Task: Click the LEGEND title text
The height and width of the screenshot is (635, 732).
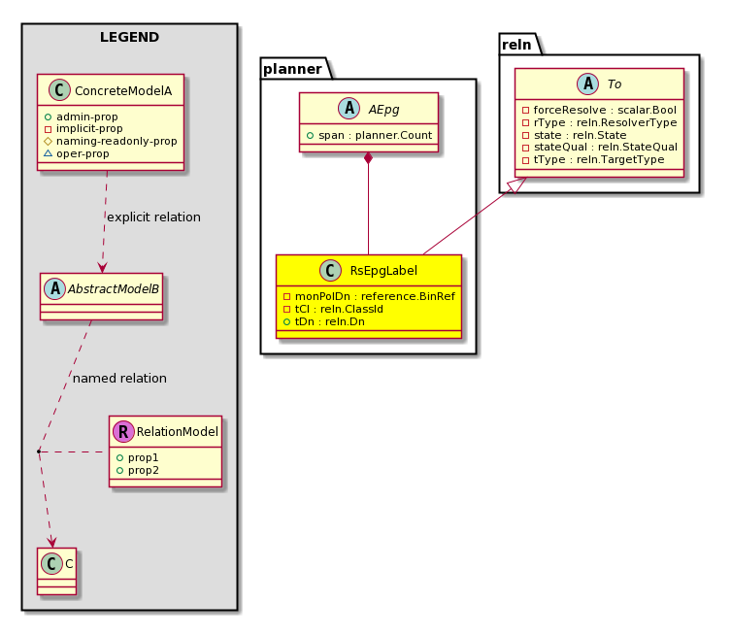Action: pos(129,37)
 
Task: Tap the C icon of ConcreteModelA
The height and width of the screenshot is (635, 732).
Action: pos(59,90)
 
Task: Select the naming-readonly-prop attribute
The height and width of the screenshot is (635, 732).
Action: pos(116,141)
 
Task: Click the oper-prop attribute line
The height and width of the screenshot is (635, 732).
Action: pos(83,153)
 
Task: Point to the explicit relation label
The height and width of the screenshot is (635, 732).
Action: pos(153,217)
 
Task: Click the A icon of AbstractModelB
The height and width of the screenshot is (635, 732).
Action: pos(55,289)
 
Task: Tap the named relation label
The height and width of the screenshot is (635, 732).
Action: pos(119,379)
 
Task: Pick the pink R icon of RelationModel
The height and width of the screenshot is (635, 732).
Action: pos(123,431)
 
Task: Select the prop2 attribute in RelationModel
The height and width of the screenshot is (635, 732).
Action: pos(144,470)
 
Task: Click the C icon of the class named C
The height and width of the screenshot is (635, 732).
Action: pos(51,563)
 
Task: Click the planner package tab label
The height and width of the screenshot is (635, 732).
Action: pos(292,69)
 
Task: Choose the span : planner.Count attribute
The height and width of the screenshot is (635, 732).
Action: pos(376,135)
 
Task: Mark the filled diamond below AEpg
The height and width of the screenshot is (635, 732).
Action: pos(368,158)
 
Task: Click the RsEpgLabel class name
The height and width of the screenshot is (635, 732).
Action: pos(383,271)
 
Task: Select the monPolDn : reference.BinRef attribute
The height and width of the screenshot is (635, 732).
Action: pos(375,296)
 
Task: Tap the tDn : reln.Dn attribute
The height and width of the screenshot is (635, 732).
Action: pos(329,321)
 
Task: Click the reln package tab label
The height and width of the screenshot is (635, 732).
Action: pos(516,45)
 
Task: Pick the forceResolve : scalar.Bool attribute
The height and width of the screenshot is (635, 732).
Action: pos(605,110)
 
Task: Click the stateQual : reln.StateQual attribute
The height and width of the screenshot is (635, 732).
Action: pos(606,147)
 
